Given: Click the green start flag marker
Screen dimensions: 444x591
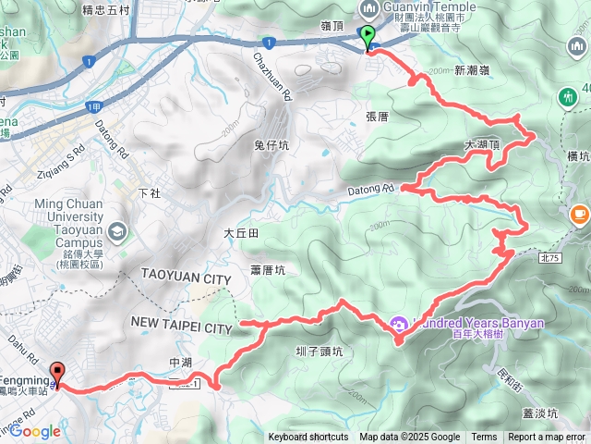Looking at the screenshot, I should [x=368, y=38].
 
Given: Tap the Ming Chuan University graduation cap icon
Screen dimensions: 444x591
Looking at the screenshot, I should [x=116, y=230].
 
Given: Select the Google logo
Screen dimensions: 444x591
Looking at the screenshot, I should [x=35, y=431].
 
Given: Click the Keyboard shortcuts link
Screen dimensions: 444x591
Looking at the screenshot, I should [x=308, y=438].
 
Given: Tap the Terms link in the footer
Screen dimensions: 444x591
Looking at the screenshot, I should [x=484, y=438].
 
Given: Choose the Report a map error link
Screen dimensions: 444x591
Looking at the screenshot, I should [x=546, y=438].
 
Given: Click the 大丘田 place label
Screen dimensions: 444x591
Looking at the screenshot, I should [x=240, y=235].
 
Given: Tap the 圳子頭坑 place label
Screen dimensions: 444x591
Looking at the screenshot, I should [x=319, y=351].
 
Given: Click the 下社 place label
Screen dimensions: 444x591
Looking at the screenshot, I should [x=148, y=194].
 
